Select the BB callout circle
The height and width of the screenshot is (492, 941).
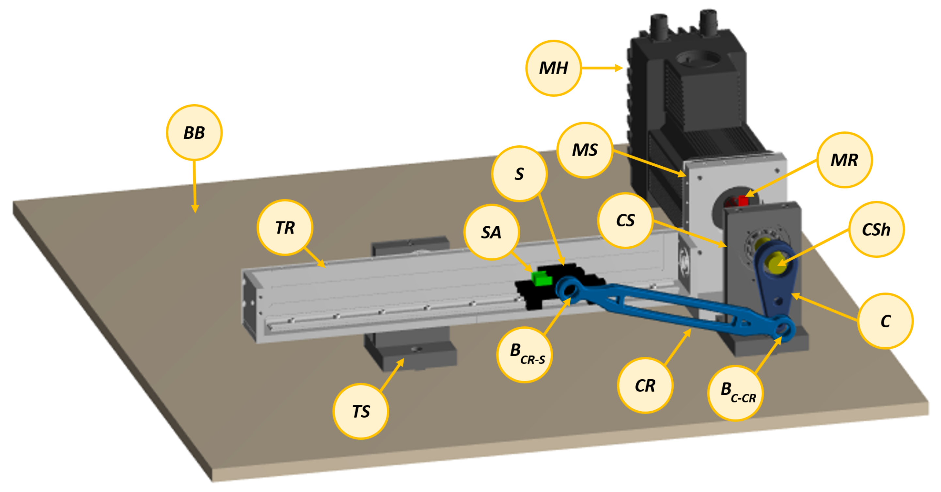pos(194,132)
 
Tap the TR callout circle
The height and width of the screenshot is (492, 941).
pos(285,227)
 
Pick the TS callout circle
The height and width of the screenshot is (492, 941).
pos(361,411)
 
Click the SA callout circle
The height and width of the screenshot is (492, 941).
pos(491,232)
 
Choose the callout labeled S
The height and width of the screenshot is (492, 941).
pos(519,173)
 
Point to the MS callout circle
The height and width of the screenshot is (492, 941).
pos(585,150)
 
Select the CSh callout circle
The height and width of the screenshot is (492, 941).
pos(876,230)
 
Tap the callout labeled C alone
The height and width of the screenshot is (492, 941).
pos(885,321)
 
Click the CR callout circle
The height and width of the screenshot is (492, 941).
pos(645,385)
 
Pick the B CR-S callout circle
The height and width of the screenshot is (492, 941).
pos(524,354)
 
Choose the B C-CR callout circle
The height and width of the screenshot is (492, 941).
pos(735,393)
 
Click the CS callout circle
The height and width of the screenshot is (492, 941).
pos(625,221)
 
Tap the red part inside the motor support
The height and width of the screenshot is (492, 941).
pos(743,200)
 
